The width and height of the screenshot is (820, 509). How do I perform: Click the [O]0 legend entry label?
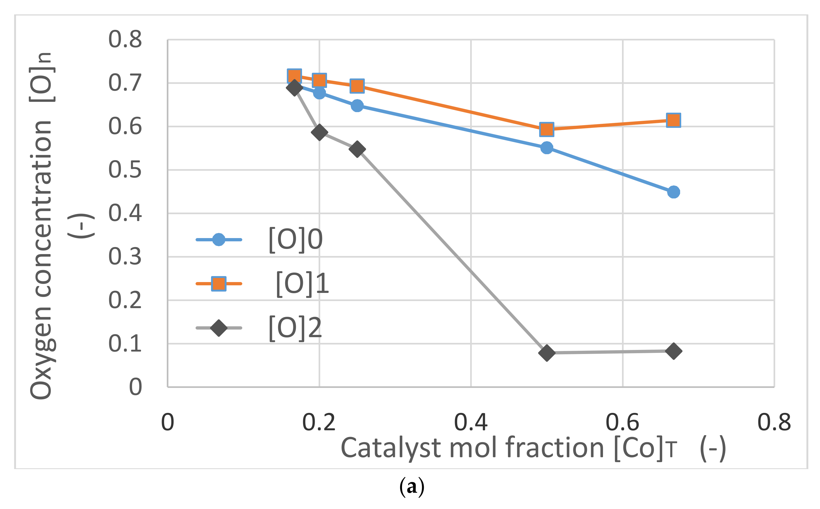point(295,240)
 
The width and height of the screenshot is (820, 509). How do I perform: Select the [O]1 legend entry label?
point(302,283)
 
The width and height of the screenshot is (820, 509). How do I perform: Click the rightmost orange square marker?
point(674,120)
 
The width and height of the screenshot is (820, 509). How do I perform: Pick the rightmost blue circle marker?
point(674,192)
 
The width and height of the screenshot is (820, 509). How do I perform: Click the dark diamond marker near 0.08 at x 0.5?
point(547,353)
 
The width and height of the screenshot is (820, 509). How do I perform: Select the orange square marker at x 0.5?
point(546,129)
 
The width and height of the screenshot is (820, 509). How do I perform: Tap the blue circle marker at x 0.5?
point(546,147)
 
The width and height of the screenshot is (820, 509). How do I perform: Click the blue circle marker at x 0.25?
point(357,106)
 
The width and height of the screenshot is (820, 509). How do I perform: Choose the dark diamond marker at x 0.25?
point(357,149)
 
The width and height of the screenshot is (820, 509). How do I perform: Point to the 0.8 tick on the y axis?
point(125,39)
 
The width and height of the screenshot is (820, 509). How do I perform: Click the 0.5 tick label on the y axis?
point(125,170)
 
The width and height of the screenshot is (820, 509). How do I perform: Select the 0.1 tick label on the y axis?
point(125,344)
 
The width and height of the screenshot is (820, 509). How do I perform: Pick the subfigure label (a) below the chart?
point(411,487)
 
